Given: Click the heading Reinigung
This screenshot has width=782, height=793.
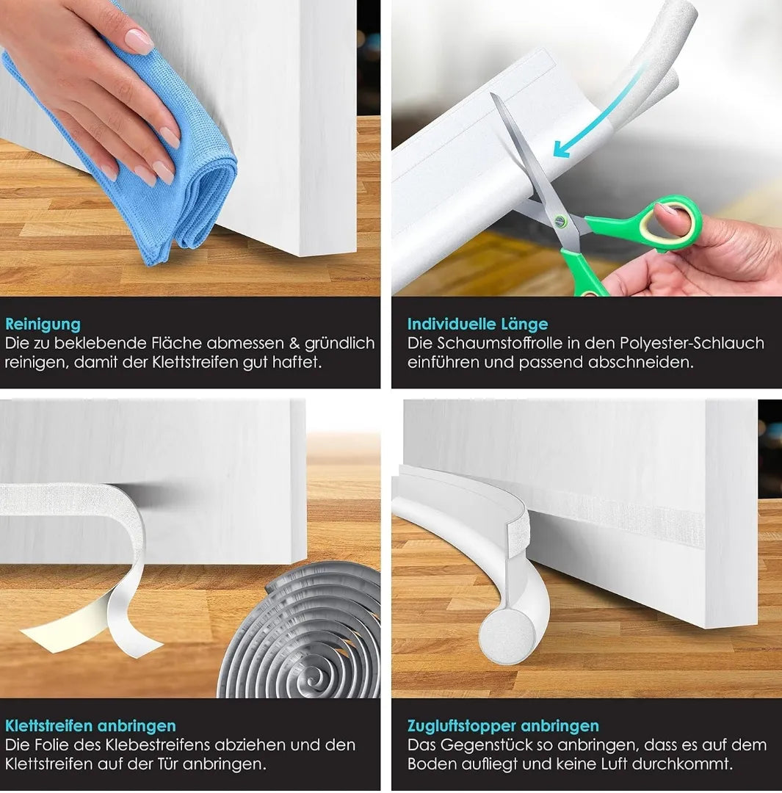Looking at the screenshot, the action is click(x=43, y=325).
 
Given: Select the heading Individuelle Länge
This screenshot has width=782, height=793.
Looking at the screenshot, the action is click(x=477, y=324).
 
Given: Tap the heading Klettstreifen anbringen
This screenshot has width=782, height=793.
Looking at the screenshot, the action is click(x=90, y=725).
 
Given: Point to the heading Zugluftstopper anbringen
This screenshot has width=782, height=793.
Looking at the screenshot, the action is click(x=503, y=725).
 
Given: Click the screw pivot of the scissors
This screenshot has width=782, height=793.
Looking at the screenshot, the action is click(x=560, y=220).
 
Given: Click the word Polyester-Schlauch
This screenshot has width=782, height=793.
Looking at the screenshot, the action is click(x=692, y=344).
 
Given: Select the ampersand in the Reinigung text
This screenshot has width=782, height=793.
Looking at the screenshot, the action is click(x=294, y=344).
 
